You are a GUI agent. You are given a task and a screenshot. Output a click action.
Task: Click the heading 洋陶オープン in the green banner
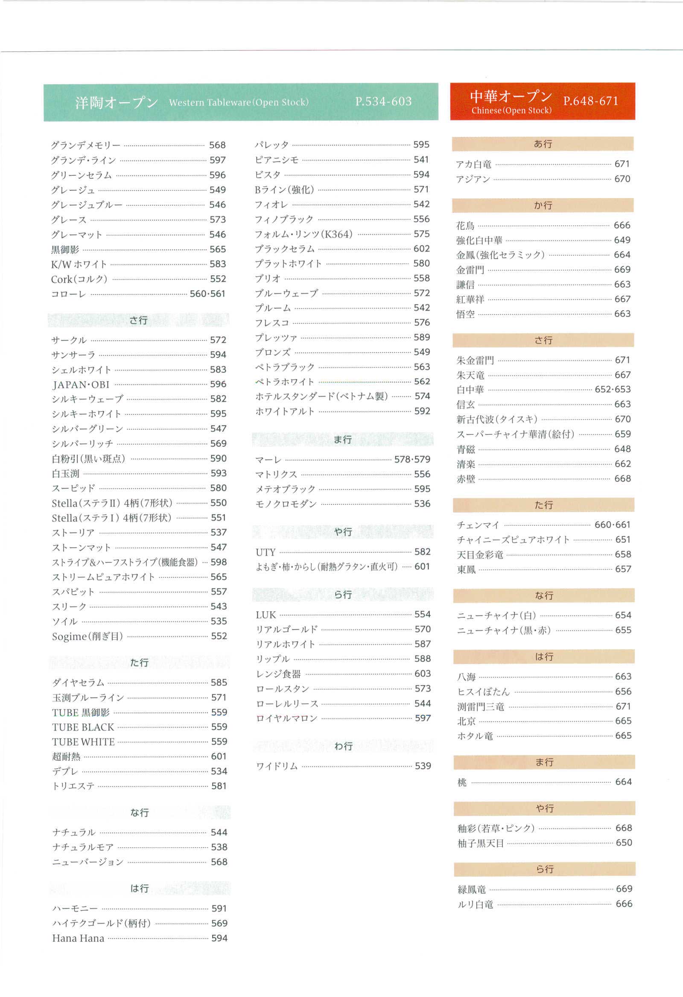(116, 102)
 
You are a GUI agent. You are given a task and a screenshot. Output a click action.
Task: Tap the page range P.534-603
(383, 102)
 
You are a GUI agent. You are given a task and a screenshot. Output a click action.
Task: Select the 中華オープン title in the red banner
(511, 96)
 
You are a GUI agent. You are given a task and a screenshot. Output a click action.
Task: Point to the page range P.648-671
(590, 101)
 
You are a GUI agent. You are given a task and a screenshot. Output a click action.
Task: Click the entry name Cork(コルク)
(79, 279)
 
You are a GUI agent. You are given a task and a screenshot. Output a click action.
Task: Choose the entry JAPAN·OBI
(81, 385)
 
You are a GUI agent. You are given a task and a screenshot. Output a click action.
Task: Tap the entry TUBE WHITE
(83, 742)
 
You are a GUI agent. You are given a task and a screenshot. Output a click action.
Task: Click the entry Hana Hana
(78, 938)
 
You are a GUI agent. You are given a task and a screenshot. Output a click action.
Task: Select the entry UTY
(265, 552)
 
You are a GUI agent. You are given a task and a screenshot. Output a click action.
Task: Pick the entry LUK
(266, 615)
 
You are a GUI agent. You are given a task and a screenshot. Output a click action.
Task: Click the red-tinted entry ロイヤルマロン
(286, 718)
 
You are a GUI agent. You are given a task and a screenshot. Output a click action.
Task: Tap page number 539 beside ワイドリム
(423, 766)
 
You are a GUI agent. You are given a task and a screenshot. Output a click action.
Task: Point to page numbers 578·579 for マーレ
(412, 460)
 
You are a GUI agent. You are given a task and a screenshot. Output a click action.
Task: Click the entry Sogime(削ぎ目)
(87, 636)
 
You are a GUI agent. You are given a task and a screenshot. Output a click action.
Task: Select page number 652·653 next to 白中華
(612, 390)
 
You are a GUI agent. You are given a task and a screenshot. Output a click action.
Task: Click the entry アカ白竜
(473, 164)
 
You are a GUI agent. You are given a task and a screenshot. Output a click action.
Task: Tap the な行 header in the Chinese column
(543, 595)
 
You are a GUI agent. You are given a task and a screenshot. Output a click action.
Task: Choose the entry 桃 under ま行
(461, 782)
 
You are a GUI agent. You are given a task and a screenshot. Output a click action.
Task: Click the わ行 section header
(343, 746)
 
